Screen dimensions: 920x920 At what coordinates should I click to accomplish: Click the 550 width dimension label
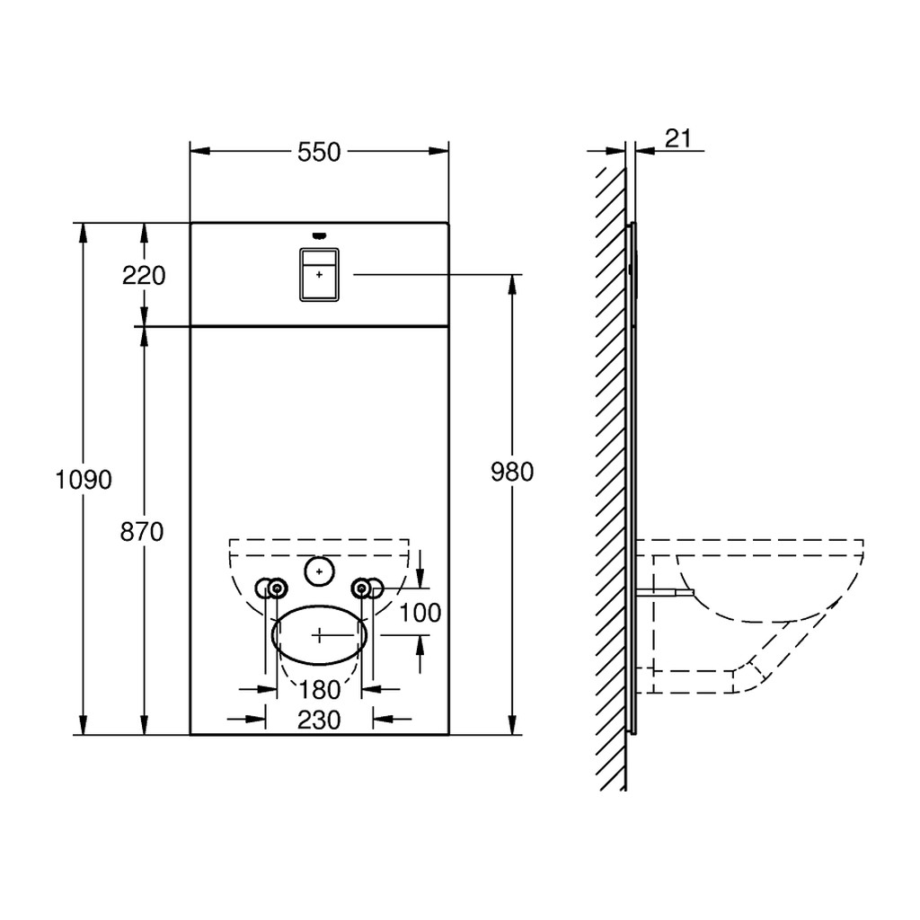(319, 152)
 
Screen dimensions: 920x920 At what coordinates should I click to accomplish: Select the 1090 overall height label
(84, 480)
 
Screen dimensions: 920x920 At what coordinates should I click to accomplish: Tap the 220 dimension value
(144, 275)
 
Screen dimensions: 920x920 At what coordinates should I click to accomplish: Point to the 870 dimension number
(142, 532)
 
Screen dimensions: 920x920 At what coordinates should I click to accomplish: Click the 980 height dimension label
(512, 472)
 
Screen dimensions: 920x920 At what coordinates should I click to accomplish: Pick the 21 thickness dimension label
(678, 138)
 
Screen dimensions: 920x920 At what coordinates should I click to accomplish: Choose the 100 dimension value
(420, 613)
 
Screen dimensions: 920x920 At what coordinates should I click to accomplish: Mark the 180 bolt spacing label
(319, 690)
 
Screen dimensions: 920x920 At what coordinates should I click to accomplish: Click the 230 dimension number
(319, 720)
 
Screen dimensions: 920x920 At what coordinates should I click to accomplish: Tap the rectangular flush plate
(319, 275)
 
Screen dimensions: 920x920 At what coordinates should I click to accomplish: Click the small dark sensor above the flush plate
(319, 236)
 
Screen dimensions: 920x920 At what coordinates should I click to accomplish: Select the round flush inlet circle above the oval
(319, 571)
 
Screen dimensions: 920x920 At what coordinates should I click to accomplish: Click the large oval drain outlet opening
(319, 635)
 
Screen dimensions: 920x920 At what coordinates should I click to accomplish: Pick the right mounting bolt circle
(361, 588)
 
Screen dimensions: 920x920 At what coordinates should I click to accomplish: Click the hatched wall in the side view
(611, 478)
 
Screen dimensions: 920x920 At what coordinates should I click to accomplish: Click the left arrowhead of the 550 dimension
(200, 151)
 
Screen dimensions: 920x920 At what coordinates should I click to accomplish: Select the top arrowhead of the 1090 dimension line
(84, 233)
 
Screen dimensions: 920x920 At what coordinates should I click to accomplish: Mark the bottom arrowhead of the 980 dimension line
(512, 725)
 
